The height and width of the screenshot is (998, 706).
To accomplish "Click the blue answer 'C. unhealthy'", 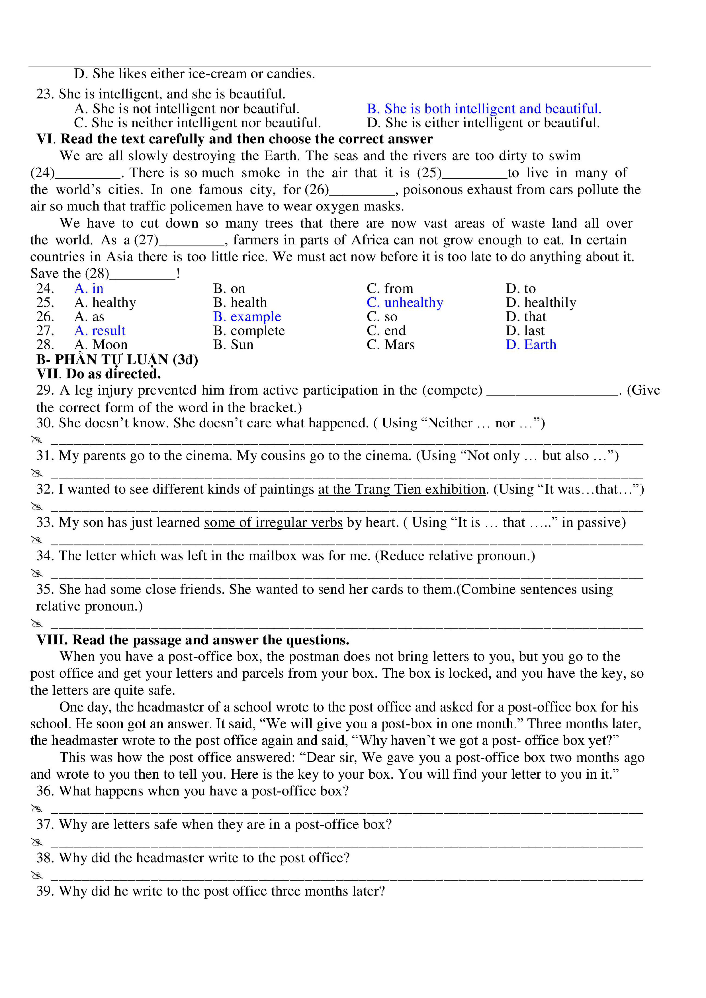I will pyautogui.click(x=404, y=302).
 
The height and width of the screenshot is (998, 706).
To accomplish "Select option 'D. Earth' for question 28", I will pyautogui.click(x=531, y=345).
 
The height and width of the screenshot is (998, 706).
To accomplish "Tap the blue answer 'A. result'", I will pyautogui.click(x=100, y=331).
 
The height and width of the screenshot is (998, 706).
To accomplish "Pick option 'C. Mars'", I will pyautogui.click(x=390, y=345).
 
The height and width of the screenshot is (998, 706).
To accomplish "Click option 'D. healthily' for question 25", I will pyautogui.click(x=541, y=302).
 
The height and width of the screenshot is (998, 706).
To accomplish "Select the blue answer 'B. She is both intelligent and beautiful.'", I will pyautogui.click(x=484, y=109).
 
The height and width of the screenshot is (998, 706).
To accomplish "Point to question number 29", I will pyautogui.click(x=45, y=390).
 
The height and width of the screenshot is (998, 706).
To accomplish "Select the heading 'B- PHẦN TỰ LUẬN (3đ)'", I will pyautogui.click(x=117, y=360).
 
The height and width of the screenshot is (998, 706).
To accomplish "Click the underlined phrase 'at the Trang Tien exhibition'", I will pyautogui.click(x=402, y=489).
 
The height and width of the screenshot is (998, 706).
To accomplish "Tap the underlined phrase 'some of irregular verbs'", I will pyautogui.click(x=273, y=523).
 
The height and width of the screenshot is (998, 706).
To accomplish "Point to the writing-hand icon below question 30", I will pyautogui.click(x=37, y=440).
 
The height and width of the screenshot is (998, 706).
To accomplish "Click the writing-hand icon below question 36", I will pyautogui.click(x=37, y=809).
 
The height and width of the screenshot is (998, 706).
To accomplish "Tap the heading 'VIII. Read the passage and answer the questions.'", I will pyautogui.click(x=193, y=640).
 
